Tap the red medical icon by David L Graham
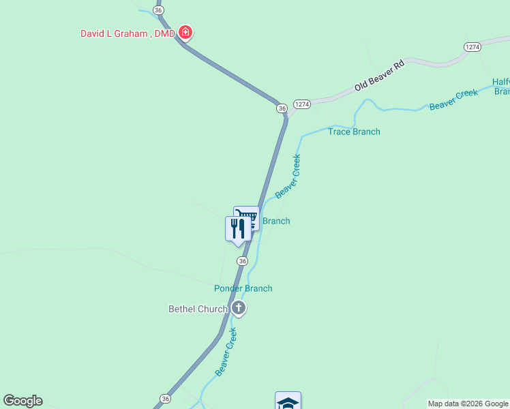(x=185, y=32)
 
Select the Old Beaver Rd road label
(x=380, y=76)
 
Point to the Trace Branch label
(x=354, y=132)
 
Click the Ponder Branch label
(x=243, y=288)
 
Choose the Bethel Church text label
(x=198, y=309)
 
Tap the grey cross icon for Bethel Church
(x=238, y=308)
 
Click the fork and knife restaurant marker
(x=237, y=229)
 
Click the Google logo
(x=22, y=401)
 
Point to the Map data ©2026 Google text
(x=468, y=404)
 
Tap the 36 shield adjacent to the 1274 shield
(x=282, y=108)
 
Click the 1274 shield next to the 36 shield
(x=302, y=104)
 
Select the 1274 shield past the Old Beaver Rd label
(x=472, y=46)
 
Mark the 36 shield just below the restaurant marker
(x=242, y=261)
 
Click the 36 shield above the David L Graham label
(x=158, y=10)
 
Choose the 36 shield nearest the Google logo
(x=166, y=399)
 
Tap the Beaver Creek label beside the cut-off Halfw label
(x=453, y=100)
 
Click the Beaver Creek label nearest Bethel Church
(x=226, y=352)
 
